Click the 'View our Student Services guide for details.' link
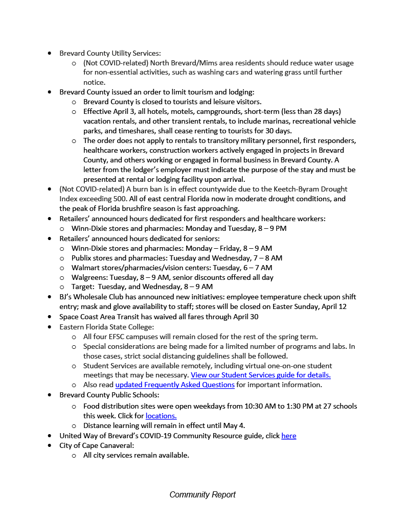pos(260,375)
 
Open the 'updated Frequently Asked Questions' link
pos(175,385)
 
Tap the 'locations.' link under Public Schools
pos(161,416)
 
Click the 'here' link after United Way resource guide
pos(288,436)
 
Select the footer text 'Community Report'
pos(202,494)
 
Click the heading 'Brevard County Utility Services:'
pos(110,53)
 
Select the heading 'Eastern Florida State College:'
pos(106,326)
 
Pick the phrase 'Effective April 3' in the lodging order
pos(109,111)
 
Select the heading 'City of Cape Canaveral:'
pos(97,445)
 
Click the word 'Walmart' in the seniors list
pos(85,268)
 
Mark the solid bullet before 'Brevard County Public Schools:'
pos(50,395)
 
